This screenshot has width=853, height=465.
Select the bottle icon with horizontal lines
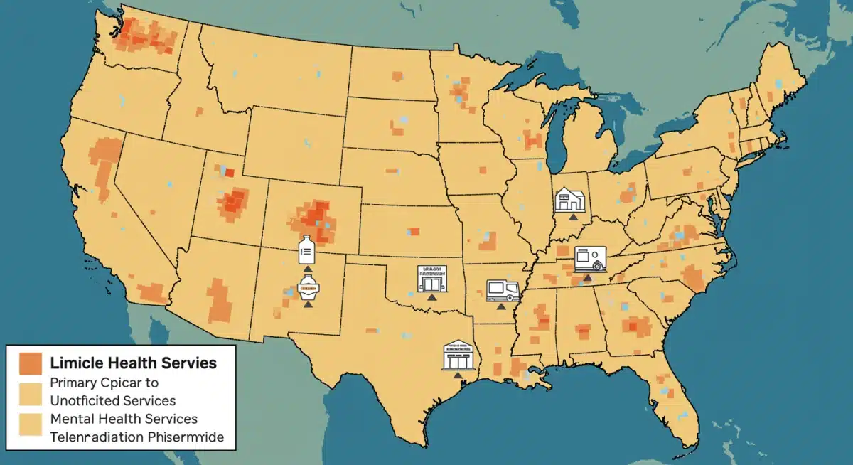pyautogui.click(x=306, y=250)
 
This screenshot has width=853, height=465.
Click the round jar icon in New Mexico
pyautogui.click(x=308, y=287)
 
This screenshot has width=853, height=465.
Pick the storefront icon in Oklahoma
pyautogui.click(x=432, y=278)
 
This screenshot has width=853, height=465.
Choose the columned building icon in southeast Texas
pyautogui.click(x=458, y=355)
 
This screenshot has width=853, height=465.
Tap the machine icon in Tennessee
pyautogui.click(x=589, y=259)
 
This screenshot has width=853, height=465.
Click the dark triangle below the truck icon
pyautogui.click(x=501, y=306)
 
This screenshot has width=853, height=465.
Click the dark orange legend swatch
pyautogui.click(x=31, y=363)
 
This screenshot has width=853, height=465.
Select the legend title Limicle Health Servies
pyautogui.click(x=134, y=363)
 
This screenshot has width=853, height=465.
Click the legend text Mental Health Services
pyautogui.click(x=124, y=419)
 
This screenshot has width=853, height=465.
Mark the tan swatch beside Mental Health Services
pyautogui.click(x=31, y=424)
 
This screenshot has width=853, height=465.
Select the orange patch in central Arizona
pyautogui.click(x=220, y=299)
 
